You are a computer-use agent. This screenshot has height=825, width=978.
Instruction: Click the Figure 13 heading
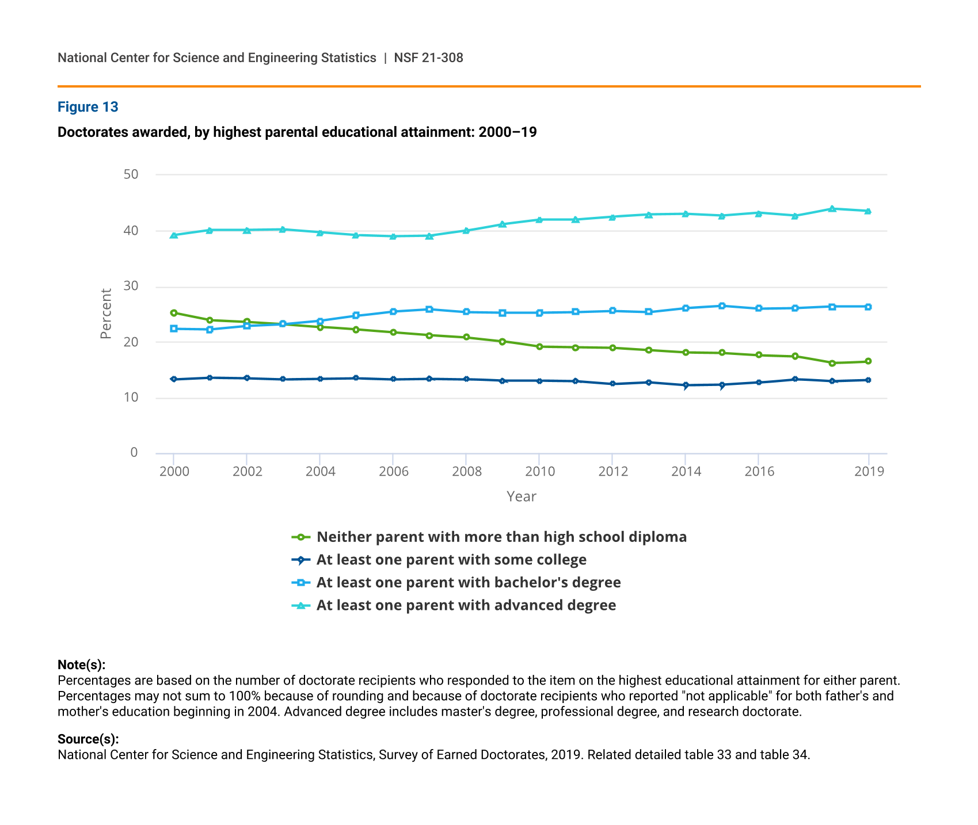tap(87, 107)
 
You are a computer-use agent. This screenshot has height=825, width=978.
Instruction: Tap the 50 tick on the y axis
tap(131, 174)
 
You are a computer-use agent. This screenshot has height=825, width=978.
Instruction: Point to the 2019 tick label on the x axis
tap(869, 472)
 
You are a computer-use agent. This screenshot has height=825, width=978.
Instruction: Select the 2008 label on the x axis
tap(467, 472)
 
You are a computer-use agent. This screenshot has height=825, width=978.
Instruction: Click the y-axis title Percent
tap(106, 314)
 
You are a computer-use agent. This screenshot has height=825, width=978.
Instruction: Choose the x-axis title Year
tap(521, 496)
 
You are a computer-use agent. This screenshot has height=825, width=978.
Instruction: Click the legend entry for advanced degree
tap(466, 605)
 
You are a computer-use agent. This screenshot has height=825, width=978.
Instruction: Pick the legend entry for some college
tap(451, 560)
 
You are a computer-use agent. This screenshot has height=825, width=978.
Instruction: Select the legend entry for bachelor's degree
tap(468, 582)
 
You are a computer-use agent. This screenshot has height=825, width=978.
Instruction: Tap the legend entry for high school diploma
tap(501, 537)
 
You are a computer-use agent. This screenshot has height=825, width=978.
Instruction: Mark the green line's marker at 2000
tap(174, 313)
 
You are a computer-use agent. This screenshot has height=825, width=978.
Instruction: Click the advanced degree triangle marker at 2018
tap(832, 209)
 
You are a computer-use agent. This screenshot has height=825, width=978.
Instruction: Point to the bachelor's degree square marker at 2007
tap(429, 310)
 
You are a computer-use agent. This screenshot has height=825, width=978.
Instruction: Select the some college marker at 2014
tap(685, 385)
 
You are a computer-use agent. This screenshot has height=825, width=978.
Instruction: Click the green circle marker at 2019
tap(868, 361)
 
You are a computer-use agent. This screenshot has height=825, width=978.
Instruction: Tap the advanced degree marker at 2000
tap(174, 235)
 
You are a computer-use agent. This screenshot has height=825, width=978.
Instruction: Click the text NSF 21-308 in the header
tap(428, 58)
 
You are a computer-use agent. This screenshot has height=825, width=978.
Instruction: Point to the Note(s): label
tap(81, 665)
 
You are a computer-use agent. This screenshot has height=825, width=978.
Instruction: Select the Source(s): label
tap(88, 739)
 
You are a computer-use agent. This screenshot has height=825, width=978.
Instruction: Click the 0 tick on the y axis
tap(134, 453)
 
